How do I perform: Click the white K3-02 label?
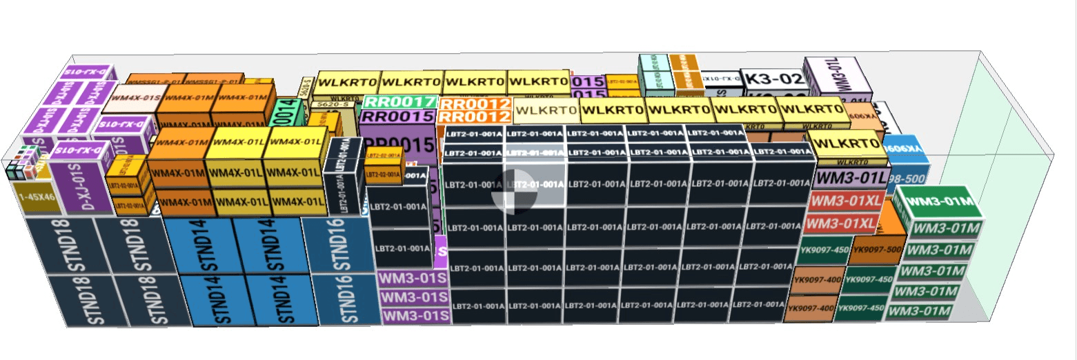773,78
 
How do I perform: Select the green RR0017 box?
399,102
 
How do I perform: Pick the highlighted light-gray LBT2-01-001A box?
535,184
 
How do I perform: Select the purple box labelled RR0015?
398,117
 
